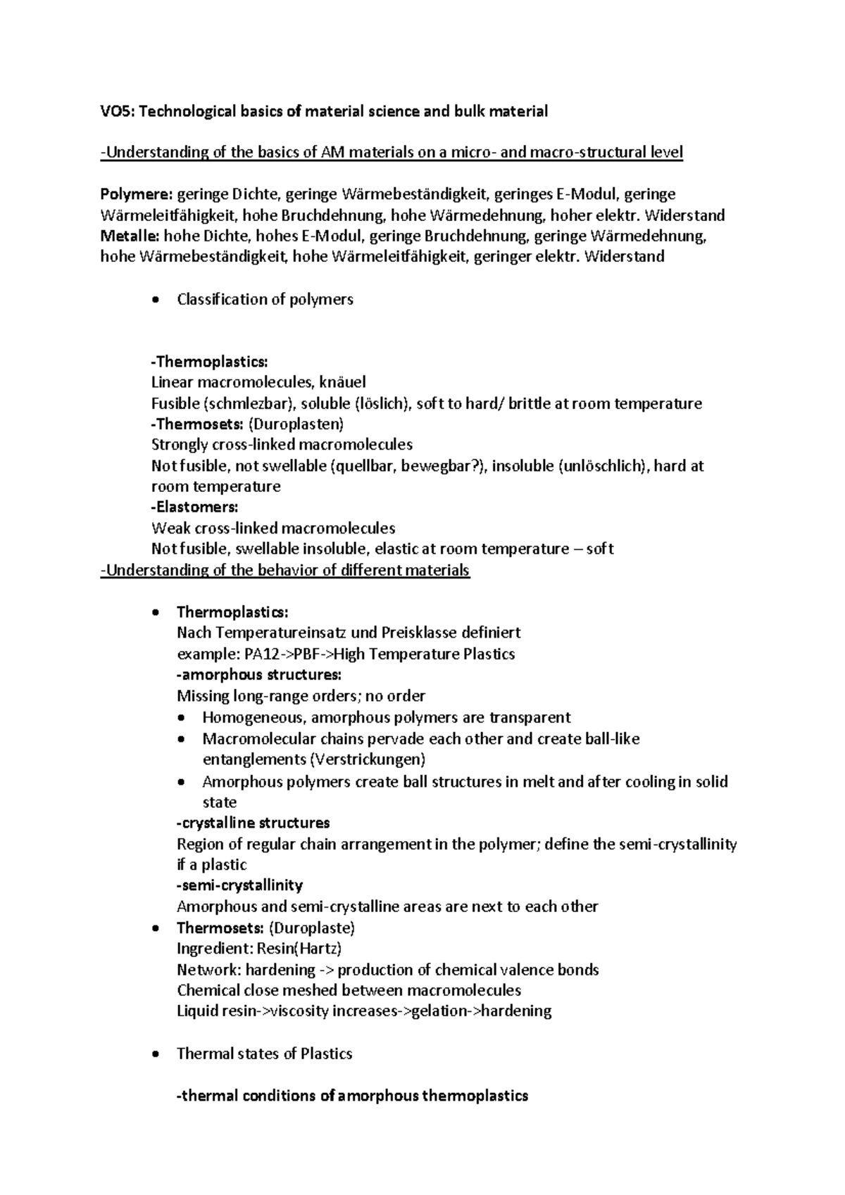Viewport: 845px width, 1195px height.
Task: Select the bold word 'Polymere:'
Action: click(x=136, y=194)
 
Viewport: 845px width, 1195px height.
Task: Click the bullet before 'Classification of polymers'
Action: click(x=156, y=301)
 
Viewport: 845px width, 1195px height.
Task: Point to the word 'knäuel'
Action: click(x=342, y=383)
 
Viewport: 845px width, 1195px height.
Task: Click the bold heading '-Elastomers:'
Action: click(x=195, y=507)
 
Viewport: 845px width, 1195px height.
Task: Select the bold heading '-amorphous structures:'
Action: click(x=259, y=675)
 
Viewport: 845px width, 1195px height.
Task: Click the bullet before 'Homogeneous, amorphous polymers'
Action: click(x=182, y=719)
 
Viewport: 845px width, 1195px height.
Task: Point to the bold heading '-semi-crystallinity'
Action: click(x=239, y=885)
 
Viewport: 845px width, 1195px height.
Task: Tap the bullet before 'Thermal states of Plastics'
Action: click(x=156, y=1055)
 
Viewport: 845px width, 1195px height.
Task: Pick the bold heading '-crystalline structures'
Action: click(x=254, y=823)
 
